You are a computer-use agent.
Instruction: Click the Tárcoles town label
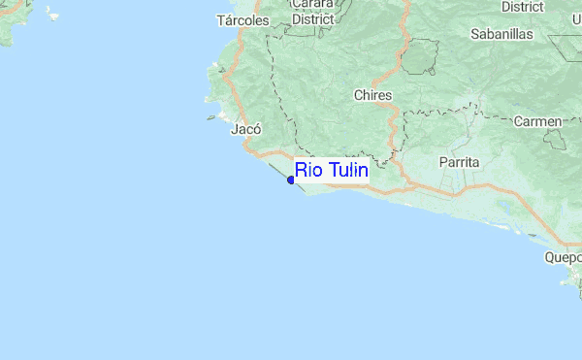242,20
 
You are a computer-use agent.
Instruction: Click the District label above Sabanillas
522,6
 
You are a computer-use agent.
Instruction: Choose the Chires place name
372,95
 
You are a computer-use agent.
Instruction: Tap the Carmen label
538,121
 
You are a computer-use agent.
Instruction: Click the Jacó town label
245,128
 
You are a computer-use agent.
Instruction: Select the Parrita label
458,161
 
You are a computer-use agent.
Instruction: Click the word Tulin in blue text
345,172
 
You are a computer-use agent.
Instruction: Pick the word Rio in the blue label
308,172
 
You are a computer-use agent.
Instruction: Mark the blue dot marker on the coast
291,180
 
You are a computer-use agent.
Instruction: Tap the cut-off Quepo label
563,258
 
